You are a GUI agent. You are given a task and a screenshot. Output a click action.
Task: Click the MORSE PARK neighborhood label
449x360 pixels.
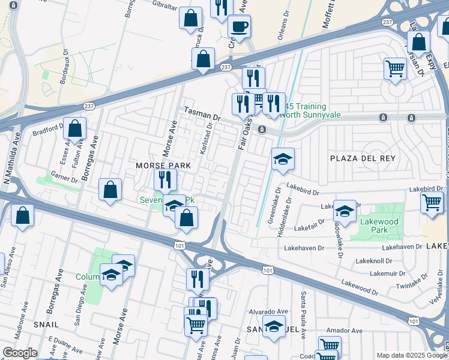tap(163, 165)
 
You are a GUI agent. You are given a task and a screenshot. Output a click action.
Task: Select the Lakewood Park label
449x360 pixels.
tap(376, 225)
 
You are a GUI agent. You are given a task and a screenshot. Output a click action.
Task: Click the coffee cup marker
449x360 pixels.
tap(239, 27)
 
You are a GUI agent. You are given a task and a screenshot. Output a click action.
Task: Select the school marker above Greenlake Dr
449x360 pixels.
tap(283, 159)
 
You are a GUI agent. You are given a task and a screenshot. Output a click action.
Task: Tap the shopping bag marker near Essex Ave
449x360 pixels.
tap(75, 128)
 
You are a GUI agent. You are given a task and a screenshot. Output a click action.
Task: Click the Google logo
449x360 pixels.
tap(20, 353)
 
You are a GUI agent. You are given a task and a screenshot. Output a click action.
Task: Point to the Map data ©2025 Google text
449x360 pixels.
tap(411, 355)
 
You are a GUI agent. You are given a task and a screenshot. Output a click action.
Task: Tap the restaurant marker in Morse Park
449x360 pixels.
tap(164, 179)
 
